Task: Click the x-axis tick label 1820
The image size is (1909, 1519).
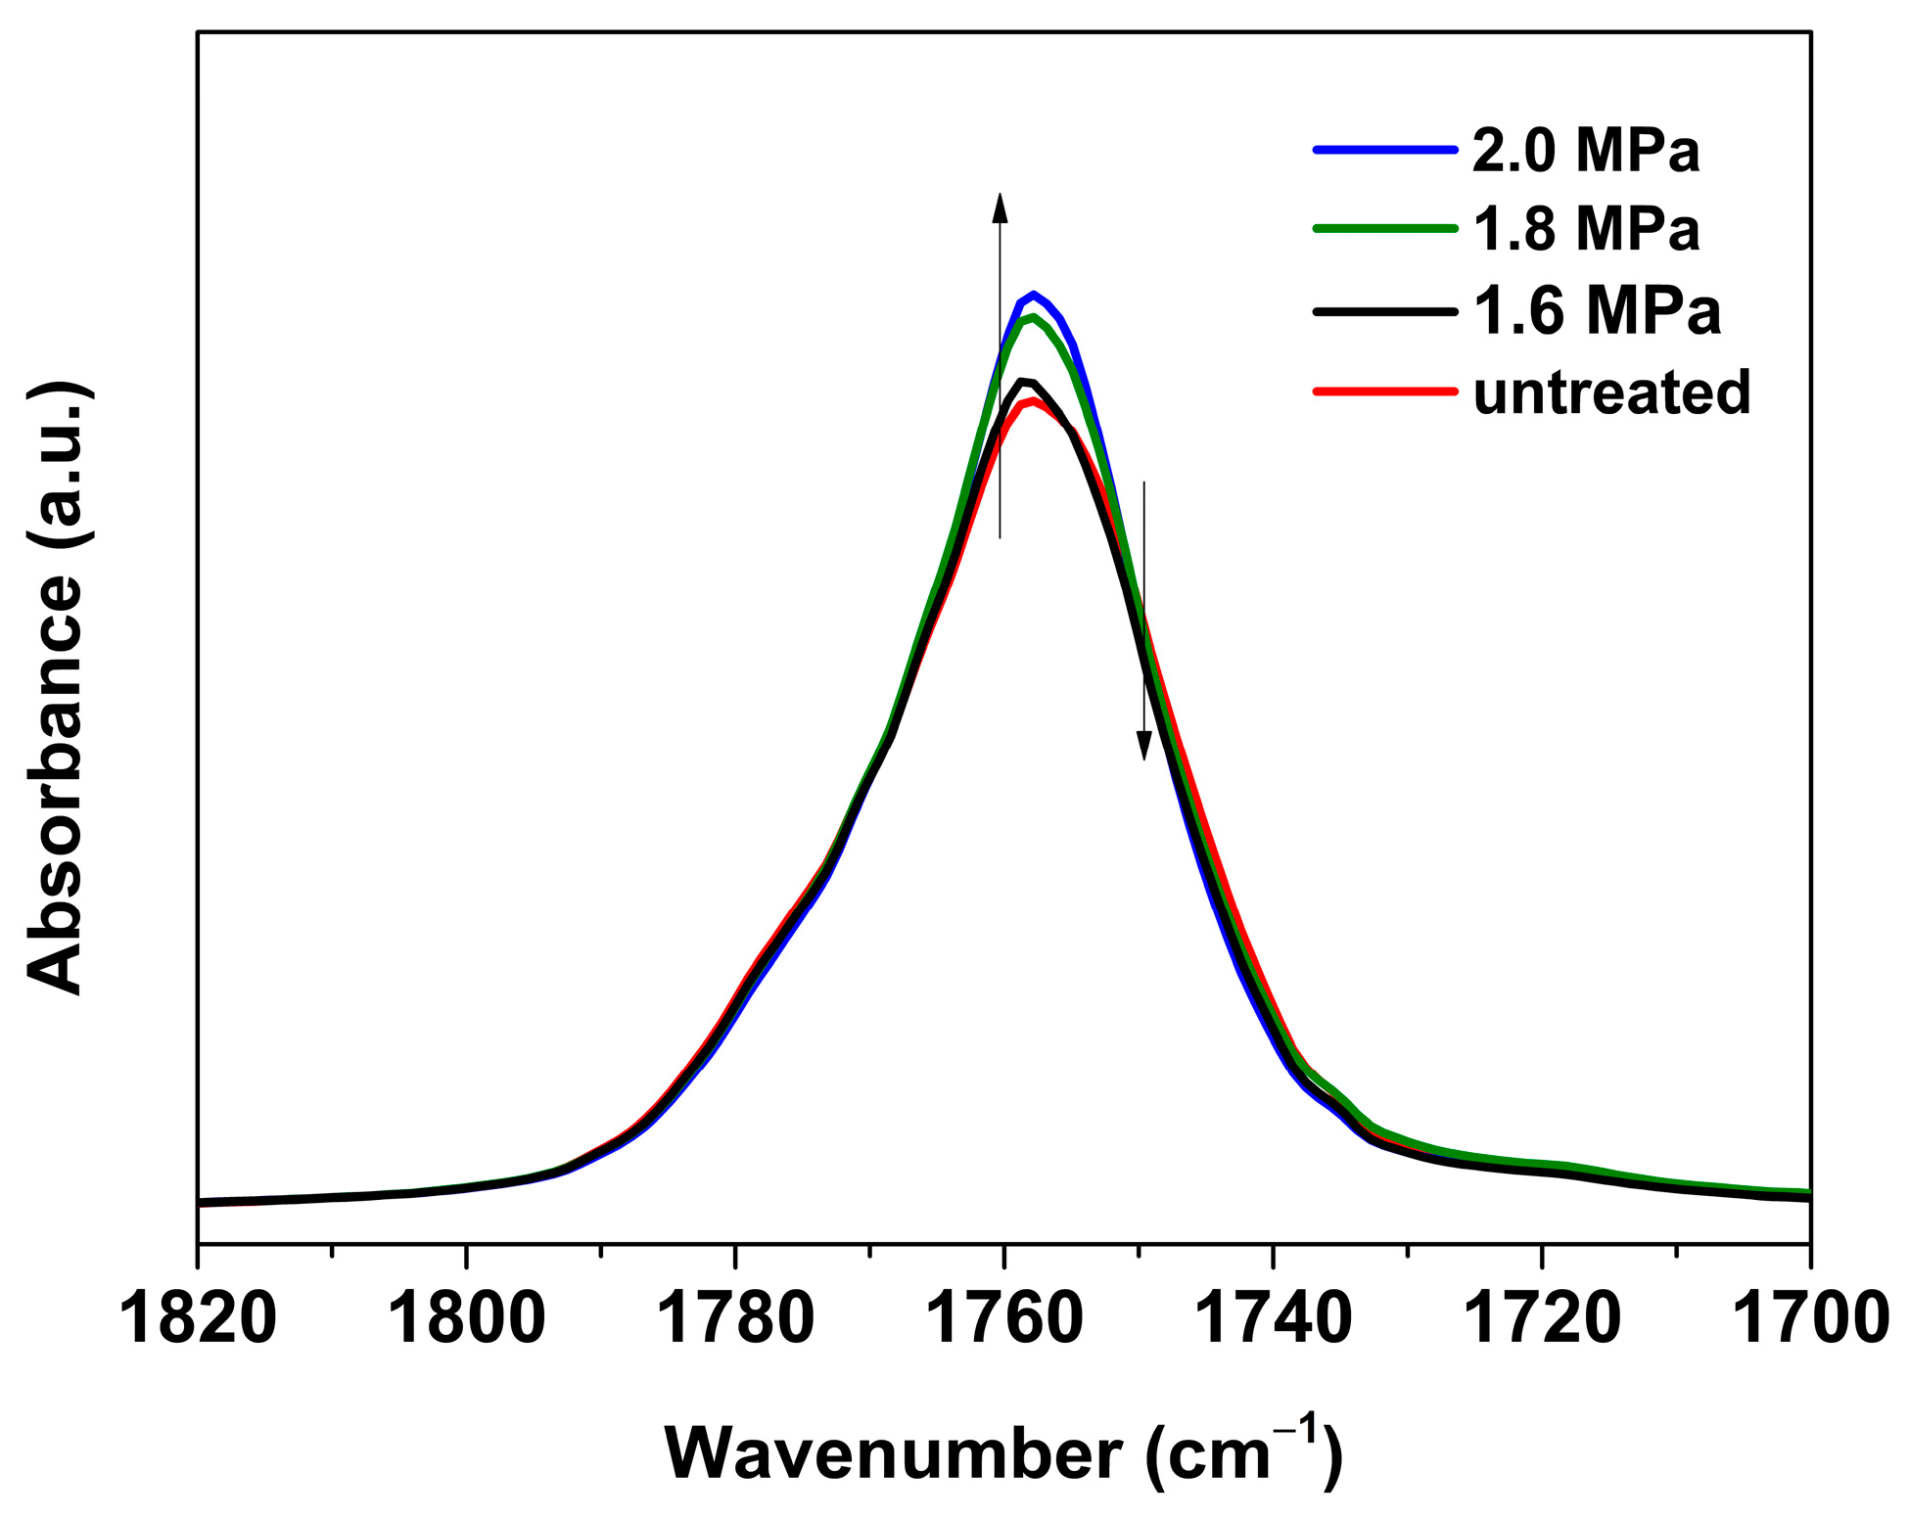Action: coord(198,1318)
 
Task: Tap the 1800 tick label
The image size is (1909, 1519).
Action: coord(466,1318)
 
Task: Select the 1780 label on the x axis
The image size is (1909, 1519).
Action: coord(735,1318)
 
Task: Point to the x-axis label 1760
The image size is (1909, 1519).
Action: coord(1003,1318)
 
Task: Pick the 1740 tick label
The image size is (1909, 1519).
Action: coord(1273,1318)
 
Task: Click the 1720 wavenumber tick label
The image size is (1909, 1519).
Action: coord(1542,1318)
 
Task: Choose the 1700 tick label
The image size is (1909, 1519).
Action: coord(1809,1318)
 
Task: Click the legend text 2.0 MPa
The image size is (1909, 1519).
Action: coord(1586,151)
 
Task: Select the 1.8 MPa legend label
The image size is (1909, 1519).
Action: coord(1586,230)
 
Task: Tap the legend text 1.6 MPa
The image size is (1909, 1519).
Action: coord(1596,311)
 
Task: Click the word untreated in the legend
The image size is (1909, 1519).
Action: coord(1611,391)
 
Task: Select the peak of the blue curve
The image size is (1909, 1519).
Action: coord(1033,294)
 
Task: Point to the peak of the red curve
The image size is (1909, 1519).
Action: coord(1033,400)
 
